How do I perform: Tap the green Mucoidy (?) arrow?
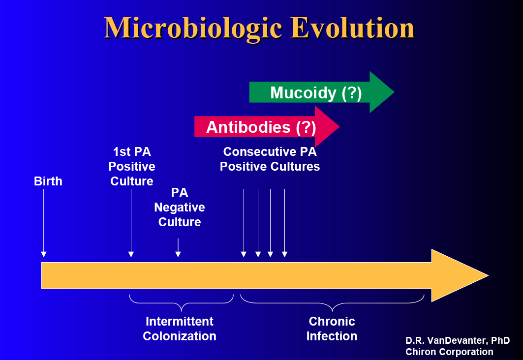click(x=322, y=92)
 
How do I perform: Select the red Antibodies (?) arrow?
click(x=267, y=127)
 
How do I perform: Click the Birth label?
click(x=48, y=181)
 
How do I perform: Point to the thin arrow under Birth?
click(x=44, y=223)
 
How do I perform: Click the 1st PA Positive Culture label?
click(x=132, y=166)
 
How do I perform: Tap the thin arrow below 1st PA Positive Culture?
click(x=131, y=223)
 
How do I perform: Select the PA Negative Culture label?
click(x=180, y=208)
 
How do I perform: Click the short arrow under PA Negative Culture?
click(x=178, y=248)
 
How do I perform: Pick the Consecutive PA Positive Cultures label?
click(x=270, y=159)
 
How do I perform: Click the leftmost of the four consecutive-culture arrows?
click(x=244, y=223)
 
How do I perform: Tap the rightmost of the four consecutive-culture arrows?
click(x=284, y=223)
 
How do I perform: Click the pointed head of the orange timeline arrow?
click(x=488, y=275)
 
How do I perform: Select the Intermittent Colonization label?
click(x=180, y=329)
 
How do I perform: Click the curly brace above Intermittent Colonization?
click(x=181, y=303)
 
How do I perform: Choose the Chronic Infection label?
click(x=332, y=329)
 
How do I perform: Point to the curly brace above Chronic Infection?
click(x=332, y=303)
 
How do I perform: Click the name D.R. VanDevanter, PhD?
click(x=458, y=341)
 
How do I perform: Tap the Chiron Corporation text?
click(x=449, y=352)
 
